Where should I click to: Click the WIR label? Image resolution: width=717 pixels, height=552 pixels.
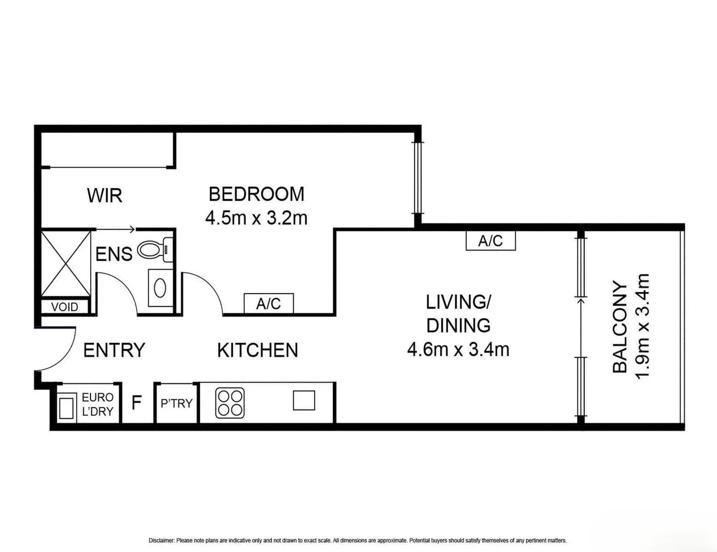tap(105, 195)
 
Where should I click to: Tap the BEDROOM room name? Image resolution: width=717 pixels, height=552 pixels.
tap(256, 194)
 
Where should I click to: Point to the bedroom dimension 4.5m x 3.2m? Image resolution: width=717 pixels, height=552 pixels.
tap(256, 218)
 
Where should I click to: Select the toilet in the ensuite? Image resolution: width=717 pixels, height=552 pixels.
tap(155, 250)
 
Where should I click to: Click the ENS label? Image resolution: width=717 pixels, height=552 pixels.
tap(114, 254)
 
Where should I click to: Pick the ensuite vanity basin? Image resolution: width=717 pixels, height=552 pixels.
tap(160, 287)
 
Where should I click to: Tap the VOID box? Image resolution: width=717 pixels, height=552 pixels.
tap(65, 307)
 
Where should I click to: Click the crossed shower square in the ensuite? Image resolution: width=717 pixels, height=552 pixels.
tap(66, 263)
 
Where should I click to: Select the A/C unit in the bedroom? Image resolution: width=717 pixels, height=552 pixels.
tap(269, 303)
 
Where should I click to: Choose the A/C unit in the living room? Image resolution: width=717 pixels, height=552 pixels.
tap(490, 241)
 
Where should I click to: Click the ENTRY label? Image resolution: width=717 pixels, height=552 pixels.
tap(114, 350)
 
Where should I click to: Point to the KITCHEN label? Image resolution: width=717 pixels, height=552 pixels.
tap(257, 350)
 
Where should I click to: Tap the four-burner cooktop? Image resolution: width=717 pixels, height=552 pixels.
tap(230, 403)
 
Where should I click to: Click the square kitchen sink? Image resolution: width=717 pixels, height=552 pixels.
tap(304, 400)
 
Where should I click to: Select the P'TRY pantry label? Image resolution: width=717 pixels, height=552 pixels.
tap(176, 403)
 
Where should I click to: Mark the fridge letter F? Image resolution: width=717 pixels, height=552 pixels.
tap(137, 402)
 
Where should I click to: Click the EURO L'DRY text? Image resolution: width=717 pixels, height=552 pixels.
tap(97, 404)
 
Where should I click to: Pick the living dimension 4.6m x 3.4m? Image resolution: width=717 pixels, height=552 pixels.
tap(458, 349)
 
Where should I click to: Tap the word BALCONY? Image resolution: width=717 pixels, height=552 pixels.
tap(620, 327)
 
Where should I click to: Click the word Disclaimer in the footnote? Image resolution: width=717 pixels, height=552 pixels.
tap(161, 541)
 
